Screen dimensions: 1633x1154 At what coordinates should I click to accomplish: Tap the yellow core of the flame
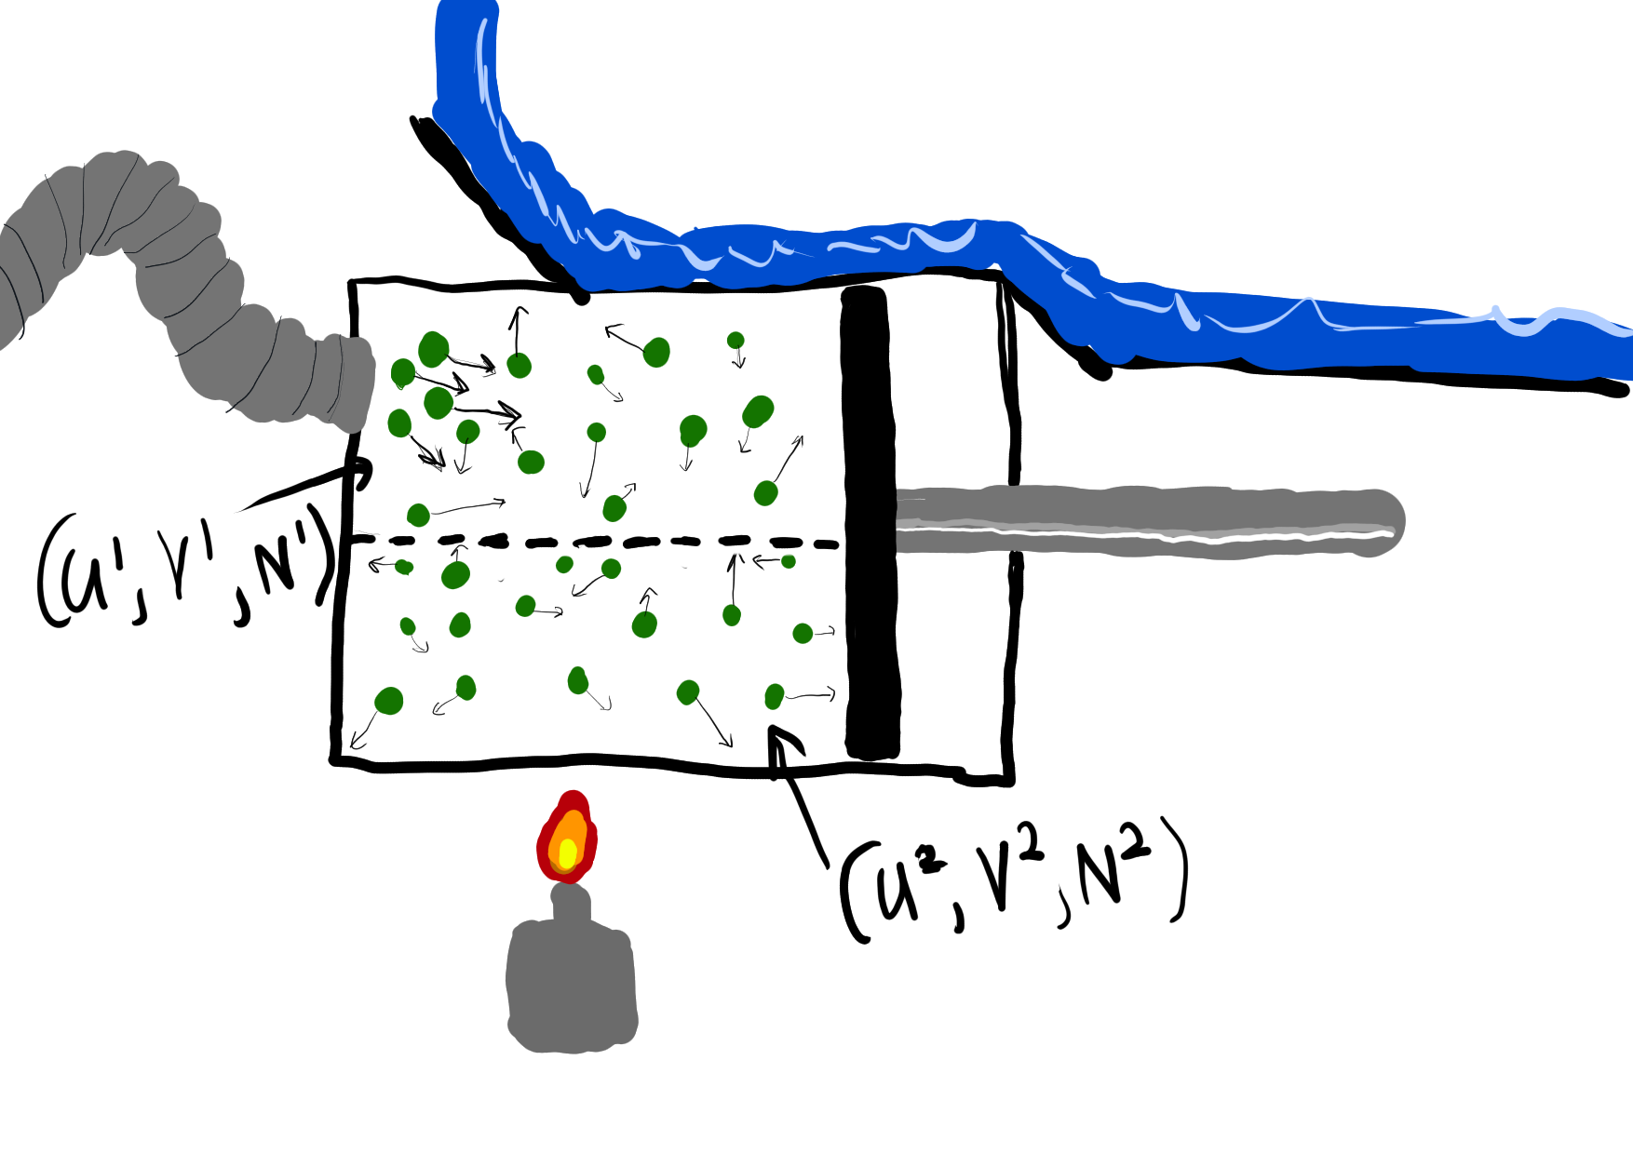coord(567,852)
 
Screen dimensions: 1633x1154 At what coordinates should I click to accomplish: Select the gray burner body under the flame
coord(572,986)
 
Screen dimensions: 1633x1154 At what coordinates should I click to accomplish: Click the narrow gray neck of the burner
coord(571,903)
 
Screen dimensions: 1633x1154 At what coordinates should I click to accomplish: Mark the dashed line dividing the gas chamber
coord(596,541)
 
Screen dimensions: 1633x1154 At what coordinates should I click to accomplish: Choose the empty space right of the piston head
coord(954,391)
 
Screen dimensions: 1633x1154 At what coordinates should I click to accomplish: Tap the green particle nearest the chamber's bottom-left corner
coord(388,701)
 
